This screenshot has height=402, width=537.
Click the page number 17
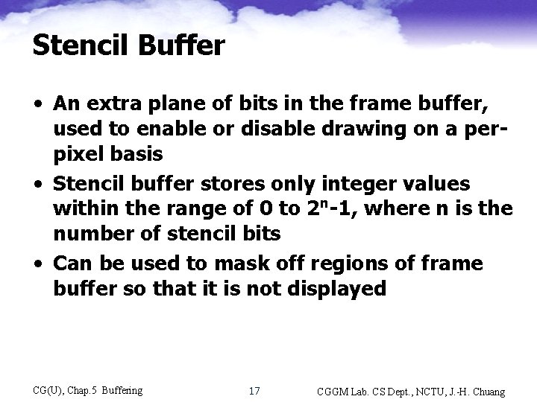tap(254, 391)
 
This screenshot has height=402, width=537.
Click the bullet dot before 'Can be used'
tap(37, 264)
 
